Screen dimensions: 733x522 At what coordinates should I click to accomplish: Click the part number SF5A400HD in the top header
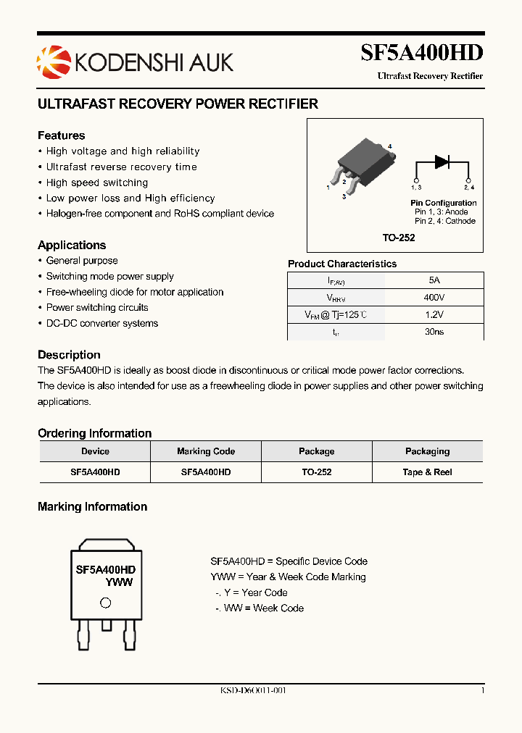pos(422,52)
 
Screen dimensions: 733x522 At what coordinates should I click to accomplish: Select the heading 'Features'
pos(61,135)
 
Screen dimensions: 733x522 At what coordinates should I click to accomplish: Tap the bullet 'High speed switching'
pos(96,183)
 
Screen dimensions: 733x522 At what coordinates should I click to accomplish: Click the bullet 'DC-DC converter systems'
pos(101,323)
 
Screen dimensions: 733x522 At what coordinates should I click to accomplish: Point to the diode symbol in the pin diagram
pos(442,162)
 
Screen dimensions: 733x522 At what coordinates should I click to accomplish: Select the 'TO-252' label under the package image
pos(399,238)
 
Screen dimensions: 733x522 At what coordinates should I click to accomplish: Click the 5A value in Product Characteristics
pos(434,280)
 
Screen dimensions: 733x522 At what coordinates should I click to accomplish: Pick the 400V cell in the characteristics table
pos(434,298)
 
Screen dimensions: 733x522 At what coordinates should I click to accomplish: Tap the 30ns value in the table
pos(434,332)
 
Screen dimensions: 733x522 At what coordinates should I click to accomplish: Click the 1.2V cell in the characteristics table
pos(434,314)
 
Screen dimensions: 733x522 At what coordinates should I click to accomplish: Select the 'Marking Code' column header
pos(206,451)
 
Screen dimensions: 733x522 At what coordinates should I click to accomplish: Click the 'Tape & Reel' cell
pos(427,472)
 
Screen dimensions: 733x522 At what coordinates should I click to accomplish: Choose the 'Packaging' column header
pos(427,451)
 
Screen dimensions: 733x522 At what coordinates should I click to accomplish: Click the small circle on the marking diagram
pos(105,603)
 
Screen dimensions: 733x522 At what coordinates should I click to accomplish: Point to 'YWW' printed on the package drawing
pos(119,582)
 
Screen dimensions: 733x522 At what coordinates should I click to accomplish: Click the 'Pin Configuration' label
pos(443,203)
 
